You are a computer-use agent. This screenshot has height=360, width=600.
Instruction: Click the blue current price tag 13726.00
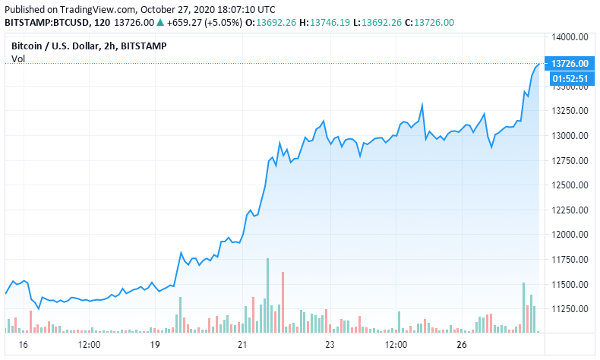coord(569,64)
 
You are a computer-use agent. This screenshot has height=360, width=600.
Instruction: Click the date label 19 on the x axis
coord(155,345)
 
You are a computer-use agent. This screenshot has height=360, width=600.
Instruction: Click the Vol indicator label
coord(18,59)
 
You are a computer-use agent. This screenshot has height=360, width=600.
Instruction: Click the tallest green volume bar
coord(267,295)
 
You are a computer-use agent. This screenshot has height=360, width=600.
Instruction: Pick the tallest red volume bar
coord(283,302)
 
